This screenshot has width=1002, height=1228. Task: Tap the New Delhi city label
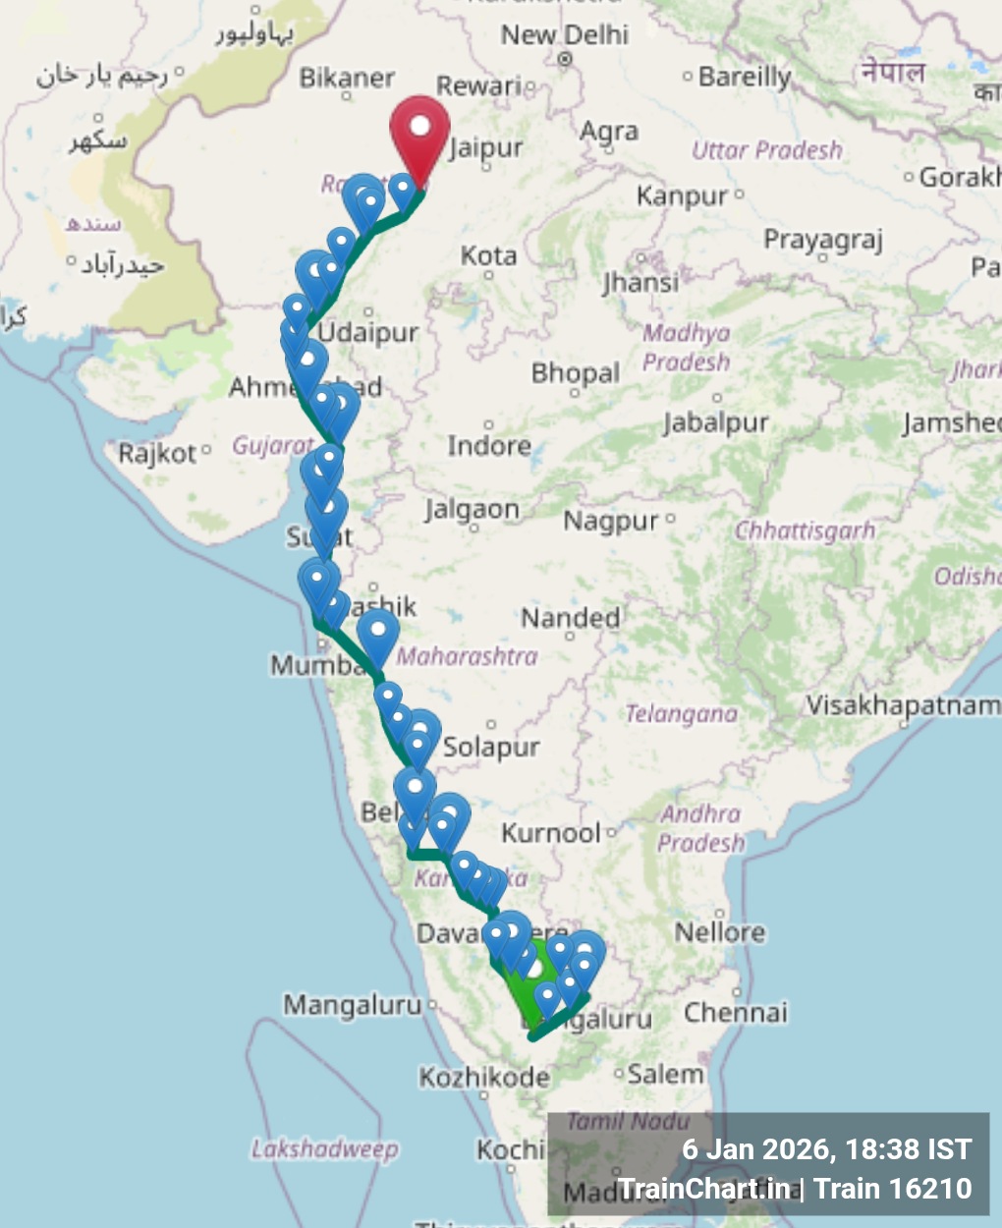[x=564, y=35]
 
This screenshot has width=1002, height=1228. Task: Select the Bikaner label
[x=347, y=78]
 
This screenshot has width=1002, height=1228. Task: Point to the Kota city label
[x=488, y=255]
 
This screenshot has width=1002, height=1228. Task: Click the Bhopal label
[x=576, y=373]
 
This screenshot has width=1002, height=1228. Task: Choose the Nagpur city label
[x=610, y=521]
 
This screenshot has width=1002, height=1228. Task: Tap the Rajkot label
[x=157, y=454]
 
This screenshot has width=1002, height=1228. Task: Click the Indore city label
[x=488, y=446]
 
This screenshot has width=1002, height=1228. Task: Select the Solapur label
[x=490, y=747]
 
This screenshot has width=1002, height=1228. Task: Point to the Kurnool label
[x=550, y=833]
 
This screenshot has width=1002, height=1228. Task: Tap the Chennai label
[x=736, y=1012]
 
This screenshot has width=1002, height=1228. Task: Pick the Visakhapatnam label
[x=902, y=705]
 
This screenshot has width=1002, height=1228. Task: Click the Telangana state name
[x=681, y=714]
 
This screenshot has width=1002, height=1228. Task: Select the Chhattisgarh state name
[x=806, y=530]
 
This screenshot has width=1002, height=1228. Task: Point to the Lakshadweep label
[x=324, y=1148]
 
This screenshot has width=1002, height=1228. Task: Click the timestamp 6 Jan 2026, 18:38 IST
[x=826, y=1149]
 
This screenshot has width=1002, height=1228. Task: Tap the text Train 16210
[x=893, y=1189]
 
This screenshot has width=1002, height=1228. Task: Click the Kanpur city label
[x=682, y=195]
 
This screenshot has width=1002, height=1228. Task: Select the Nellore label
[x=719, y=931]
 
